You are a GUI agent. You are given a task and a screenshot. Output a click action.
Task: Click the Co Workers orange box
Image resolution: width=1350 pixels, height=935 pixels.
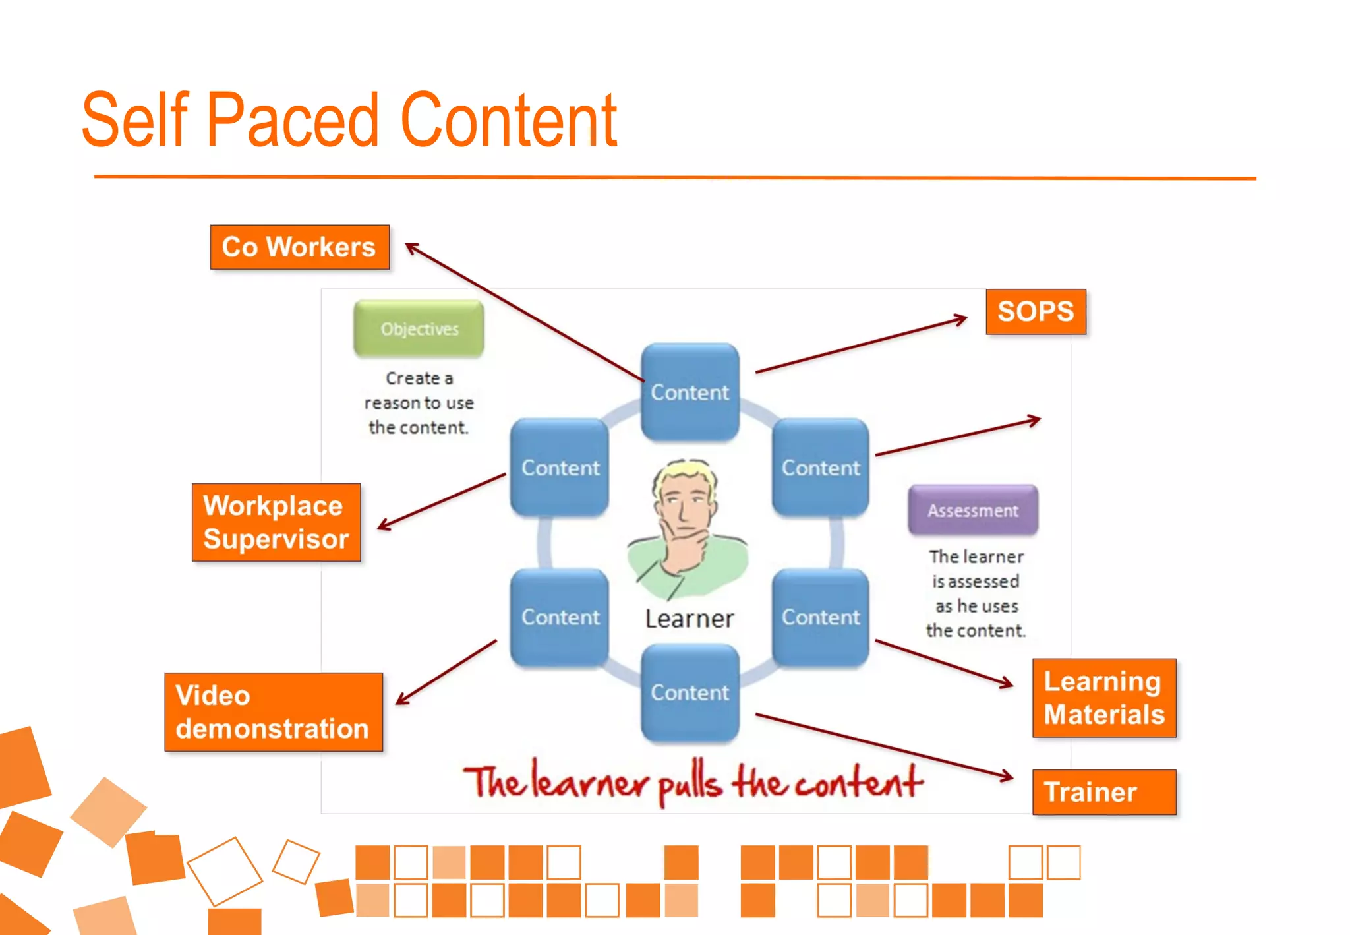pos(299,247)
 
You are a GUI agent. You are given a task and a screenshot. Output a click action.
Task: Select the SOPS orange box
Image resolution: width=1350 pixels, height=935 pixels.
pos(1035,311)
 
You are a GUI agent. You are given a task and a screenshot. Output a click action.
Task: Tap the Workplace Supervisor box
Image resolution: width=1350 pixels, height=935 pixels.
pos(276,522)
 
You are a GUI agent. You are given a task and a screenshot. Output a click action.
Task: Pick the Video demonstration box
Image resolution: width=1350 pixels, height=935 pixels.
pos(273,712)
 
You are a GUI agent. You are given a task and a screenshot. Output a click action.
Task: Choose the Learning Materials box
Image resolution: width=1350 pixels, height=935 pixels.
pos(1103,698)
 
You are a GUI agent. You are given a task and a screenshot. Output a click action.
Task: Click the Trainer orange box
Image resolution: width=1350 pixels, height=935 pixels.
pos(1103,792)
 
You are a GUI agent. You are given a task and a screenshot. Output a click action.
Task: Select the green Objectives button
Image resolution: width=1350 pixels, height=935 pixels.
pos(419,328)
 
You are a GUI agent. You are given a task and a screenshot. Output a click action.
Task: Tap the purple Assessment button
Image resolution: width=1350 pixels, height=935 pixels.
pos(972,510)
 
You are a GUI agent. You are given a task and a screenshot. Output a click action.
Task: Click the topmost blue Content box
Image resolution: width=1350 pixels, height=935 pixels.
pos(690,392)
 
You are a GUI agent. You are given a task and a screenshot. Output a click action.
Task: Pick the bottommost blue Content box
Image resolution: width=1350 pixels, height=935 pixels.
pos(690,692)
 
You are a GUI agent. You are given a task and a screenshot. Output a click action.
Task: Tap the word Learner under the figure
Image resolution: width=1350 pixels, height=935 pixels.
pos(689,618)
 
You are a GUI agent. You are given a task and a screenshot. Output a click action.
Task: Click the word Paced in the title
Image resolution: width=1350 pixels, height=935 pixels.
pos(293,120)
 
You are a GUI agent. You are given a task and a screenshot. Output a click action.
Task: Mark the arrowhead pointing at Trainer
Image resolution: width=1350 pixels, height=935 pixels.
pos(1007,777)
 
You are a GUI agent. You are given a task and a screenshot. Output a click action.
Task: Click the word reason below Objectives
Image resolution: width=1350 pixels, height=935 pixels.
pos(392,403)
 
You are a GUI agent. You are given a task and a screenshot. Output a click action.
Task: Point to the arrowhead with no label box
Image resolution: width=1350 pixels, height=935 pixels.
pos(1035,419)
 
